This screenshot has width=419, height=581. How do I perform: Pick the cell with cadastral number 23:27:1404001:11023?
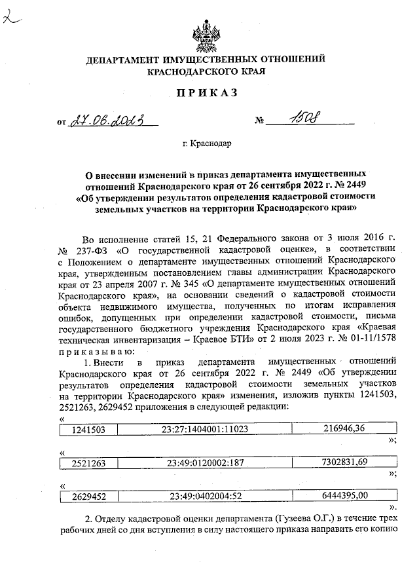click(205, 430)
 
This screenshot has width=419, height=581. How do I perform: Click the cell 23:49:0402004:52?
click(205, 496)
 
